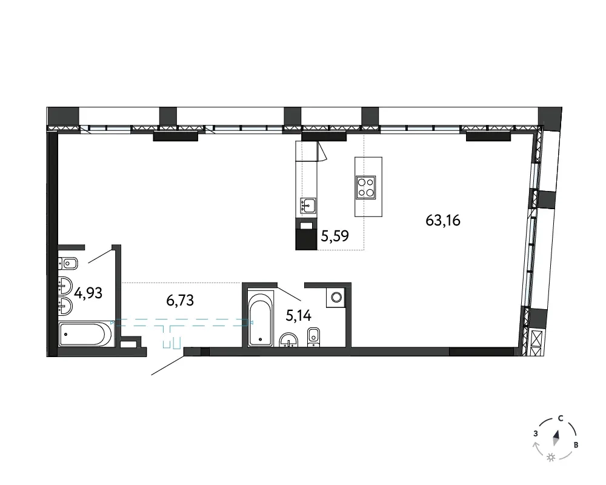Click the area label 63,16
coord(443,221)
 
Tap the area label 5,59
coord(335,236)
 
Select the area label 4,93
coord(88,293)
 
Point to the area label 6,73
coord(180,300)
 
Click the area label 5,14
coord(298,316)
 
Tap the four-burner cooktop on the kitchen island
coord(366,187)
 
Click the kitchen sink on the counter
coord(308,206)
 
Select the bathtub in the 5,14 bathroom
coord(260,319)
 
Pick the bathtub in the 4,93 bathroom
coord(86,335)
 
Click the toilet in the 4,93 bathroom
coord(68,264)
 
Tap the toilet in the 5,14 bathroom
coord(313,336)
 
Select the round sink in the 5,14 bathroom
coord(288,340)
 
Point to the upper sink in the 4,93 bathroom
coord(65,286)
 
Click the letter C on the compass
coord(561,419)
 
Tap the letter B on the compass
coord(576,445)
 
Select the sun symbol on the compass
coord(551,458)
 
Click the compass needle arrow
coord(556,438)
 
